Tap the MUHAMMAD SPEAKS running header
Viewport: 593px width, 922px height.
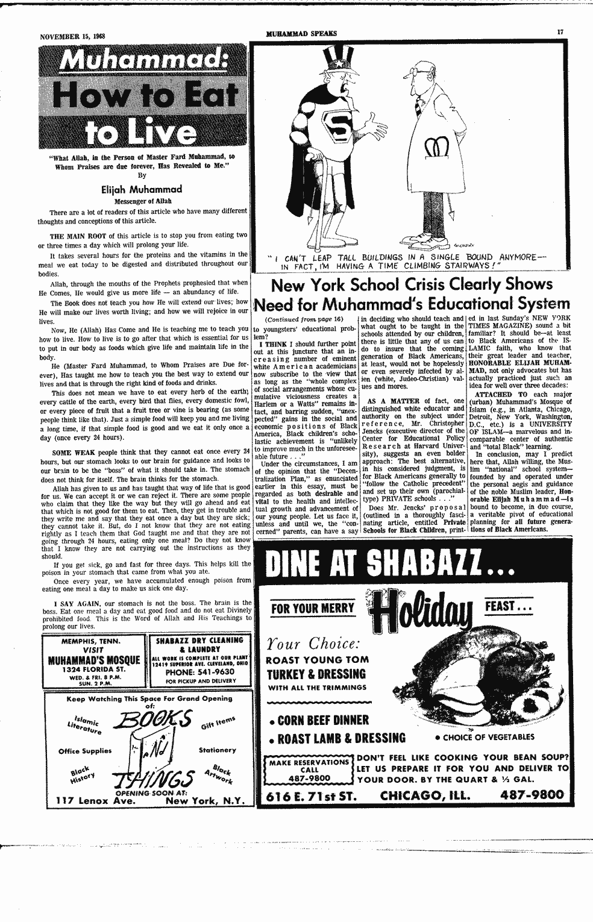pos(301,34)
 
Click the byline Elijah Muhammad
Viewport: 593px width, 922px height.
pos(143,189)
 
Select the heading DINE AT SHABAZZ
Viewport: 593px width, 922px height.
pos(391,565)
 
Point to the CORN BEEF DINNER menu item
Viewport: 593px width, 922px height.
pos(319,720)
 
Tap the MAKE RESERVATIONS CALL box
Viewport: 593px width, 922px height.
pos(310,770)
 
